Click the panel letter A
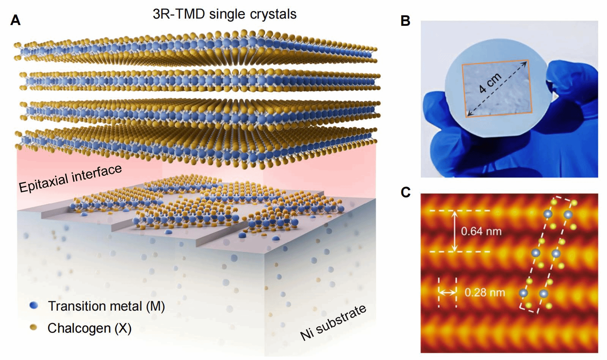tap(15, 20)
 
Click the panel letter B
tap(405, 21)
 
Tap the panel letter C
tap(405, 192)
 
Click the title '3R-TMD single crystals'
tap(224, 14)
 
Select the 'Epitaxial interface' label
tap(70, 178)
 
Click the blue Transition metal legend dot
tap(34, 305)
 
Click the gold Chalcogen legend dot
tap(33, 327)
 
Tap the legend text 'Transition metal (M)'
tap(106, 306)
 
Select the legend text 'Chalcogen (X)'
tap(89, 328)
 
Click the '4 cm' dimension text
tap(490, 83)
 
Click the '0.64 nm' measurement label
tap(481, 231)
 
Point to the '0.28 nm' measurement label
tap(485, 292)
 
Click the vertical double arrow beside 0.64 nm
tap(454, 231)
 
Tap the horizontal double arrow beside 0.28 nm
tap(448, 292)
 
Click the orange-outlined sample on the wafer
tap(497, 89)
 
